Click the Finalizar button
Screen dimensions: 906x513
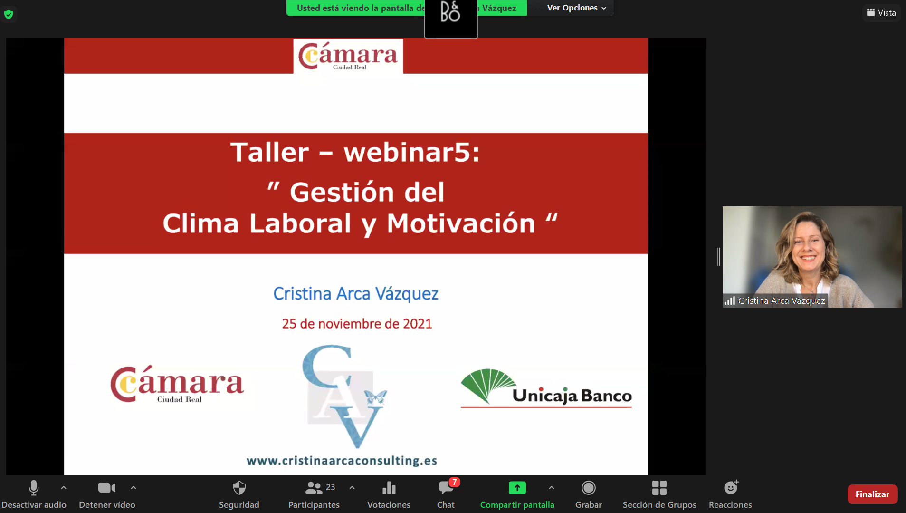(x=872, y=494)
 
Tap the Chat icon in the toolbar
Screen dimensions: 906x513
(x=446, y=488)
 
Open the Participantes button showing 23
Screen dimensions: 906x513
(x=320, y=488)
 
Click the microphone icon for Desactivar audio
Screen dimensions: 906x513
(x=34, y=488)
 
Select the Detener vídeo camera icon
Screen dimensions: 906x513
(x=107, y=488)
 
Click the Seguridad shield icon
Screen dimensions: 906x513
(x=239, y=488)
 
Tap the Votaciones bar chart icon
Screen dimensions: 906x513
(x=389, y=488)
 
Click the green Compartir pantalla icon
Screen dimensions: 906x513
(x=517, y=488)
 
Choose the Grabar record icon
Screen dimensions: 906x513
(x=588, y=488)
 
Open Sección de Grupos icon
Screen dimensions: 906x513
(x=659, y=488)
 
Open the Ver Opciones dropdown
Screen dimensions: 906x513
(x=576, y=8)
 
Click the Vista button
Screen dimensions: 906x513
(x=881, y=13)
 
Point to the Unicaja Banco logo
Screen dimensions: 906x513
(x=546, y=388)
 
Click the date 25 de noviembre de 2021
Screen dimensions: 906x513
(x=357, y=324)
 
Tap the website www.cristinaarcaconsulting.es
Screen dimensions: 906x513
(x=342, y=461)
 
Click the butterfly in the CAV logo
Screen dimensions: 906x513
(x=375, y=397)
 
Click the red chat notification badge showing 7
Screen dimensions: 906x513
(x=454, y=482)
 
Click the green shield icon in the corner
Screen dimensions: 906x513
(x=9, y=14)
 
